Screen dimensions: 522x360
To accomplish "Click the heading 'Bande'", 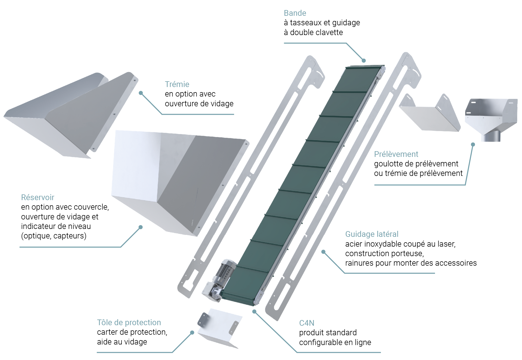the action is click(x=295, y=13).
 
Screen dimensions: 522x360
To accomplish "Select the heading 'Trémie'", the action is click(x=177, y=84).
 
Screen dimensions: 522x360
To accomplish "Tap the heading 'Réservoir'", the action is click(x=38, y=197).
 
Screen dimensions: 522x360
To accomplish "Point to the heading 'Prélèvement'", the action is click(x=396, y=154).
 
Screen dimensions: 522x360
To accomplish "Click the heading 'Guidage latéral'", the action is click(x=372, y=234).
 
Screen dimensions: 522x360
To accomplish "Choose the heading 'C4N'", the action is click(x=307, y=323).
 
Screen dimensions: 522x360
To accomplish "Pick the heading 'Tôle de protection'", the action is click(x=129, y=322).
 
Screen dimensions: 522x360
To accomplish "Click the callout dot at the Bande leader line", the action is click(x=364, y=61).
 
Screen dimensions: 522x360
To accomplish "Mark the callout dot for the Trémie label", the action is click(x=141, y=93).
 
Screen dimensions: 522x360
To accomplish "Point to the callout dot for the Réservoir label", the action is click(x=141, y=227).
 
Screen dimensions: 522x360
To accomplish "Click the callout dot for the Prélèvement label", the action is click(x=473, y=144).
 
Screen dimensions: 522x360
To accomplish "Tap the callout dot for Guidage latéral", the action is click(x=323, y=252).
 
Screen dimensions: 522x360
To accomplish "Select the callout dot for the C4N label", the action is click(x=254, y=312).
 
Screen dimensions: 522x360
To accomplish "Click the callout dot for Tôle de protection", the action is click(x=192, y=333).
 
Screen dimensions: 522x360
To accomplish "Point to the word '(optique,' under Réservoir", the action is click(x=36, y=236).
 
